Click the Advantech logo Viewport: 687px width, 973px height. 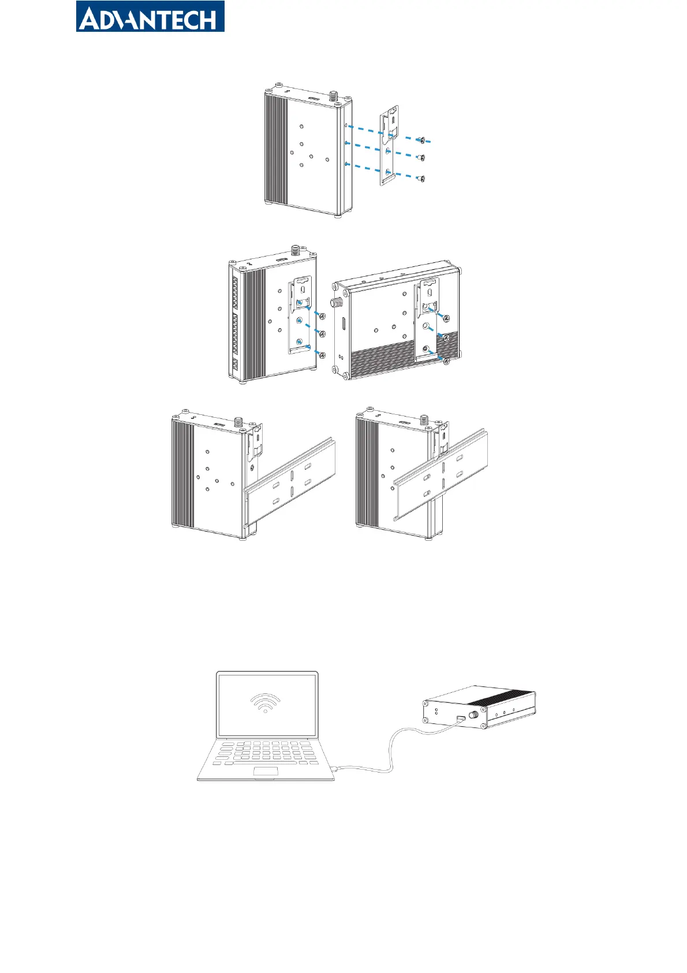pos(150,17)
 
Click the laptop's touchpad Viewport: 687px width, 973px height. pos(266,771)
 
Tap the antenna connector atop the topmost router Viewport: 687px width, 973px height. pos(333,95)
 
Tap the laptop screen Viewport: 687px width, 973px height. pos(267,705)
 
